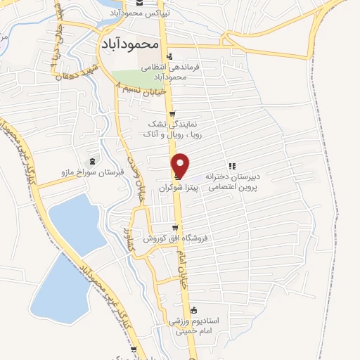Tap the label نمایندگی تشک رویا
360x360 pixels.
[172, 127]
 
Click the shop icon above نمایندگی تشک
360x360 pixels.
[172, 114]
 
